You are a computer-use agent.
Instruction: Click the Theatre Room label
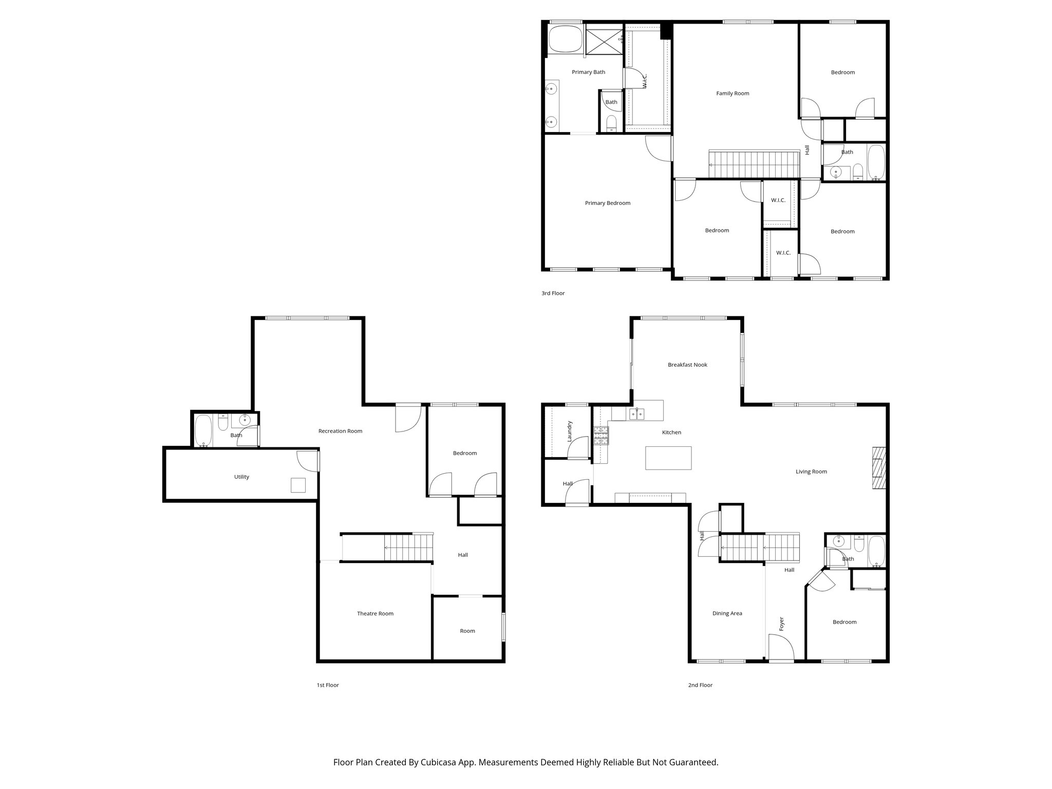[x=375, y=613]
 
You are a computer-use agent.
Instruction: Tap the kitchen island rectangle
[x=668, y=458]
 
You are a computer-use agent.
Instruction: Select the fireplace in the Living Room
[x=879, y=468]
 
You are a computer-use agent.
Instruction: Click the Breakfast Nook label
[x=687, y=365]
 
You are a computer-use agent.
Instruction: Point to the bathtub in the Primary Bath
[x=565, y=40]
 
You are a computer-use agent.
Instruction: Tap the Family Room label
[x=732, y=93]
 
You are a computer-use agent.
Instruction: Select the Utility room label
[x=241, y=477]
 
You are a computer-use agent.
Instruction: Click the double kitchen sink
[x=637, y=414]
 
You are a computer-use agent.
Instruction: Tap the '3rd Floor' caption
[x=553, y=293]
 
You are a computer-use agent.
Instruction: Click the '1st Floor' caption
[x=328, y=685]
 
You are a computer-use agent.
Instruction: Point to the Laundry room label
[x=569, y=431]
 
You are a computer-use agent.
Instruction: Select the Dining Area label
[x=727, y=613]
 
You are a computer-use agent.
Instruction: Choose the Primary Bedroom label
[x=607, y=203]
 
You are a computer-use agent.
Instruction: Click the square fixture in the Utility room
[x=298, y=485]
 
